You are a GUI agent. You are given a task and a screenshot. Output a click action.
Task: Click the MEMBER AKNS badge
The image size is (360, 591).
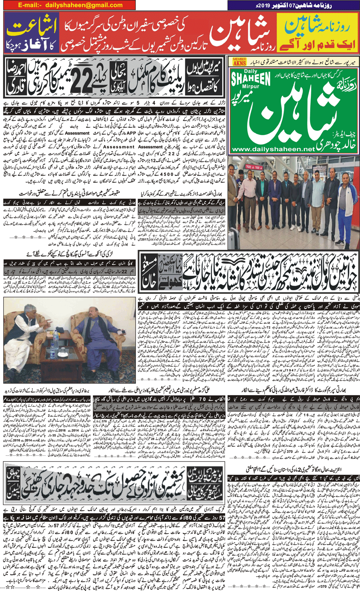239,62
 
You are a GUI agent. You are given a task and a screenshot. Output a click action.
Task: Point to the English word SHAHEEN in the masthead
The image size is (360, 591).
250,79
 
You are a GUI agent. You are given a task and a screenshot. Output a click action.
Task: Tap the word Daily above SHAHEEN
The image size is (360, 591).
250,71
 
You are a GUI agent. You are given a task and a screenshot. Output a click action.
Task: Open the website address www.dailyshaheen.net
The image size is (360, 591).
273,149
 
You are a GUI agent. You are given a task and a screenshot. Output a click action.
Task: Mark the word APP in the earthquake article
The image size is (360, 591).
131,132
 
